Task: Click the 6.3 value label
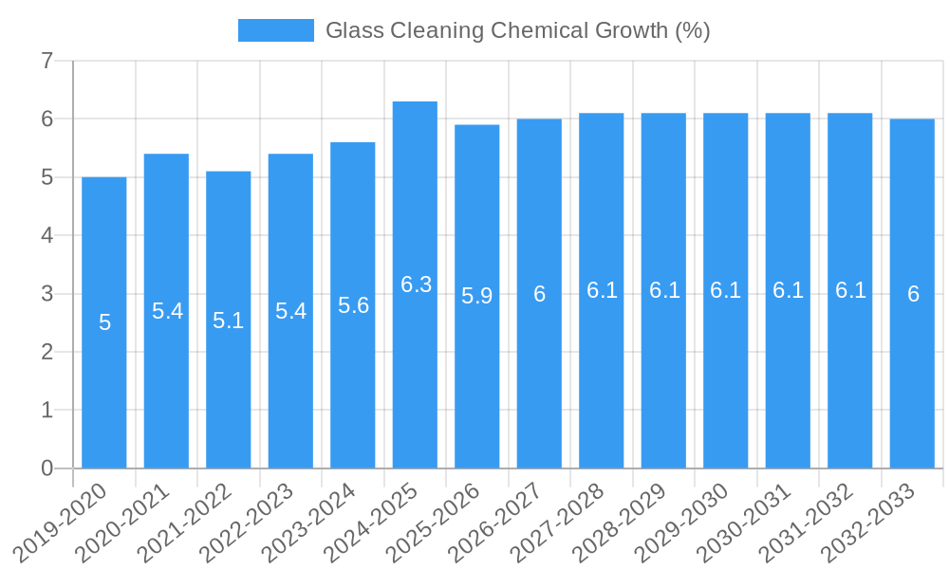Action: pos(416,284)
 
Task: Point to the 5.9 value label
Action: pos(477,296)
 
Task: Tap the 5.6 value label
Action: pos(353,305)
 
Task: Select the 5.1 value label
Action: pos(229,321)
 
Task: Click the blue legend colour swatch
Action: pos(275,30)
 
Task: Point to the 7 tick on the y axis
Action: pos(47,62)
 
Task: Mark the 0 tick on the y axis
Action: pos(47,468)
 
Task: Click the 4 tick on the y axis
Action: pos(47,235)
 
